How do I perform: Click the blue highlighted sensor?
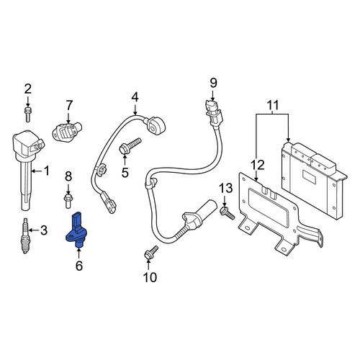point(76,230)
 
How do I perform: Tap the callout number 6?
point(79,266)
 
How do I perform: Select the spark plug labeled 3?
point(25,235)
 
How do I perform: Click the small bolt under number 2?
point(28,114)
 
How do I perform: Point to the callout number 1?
point(46,171)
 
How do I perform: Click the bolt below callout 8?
point(68,201)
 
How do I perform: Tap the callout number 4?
point(135,98)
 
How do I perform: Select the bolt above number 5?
point(130,146)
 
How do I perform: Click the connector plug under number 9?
point(214,113)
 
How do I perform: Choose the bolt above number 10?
point(151,252)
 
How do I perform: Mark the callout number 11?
point(273,105)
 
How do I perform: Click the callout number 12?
point(258,165)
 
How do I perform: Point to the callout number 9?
point(213,83)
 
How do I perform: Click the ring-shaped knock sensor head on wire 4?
point(153,125)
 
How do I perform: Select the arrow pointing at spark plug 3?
point(34,230)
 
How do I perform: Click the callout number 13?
point(227,188)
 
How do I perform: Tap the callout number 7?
point(69,105)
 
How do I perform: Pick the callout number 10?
point(150,277)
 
